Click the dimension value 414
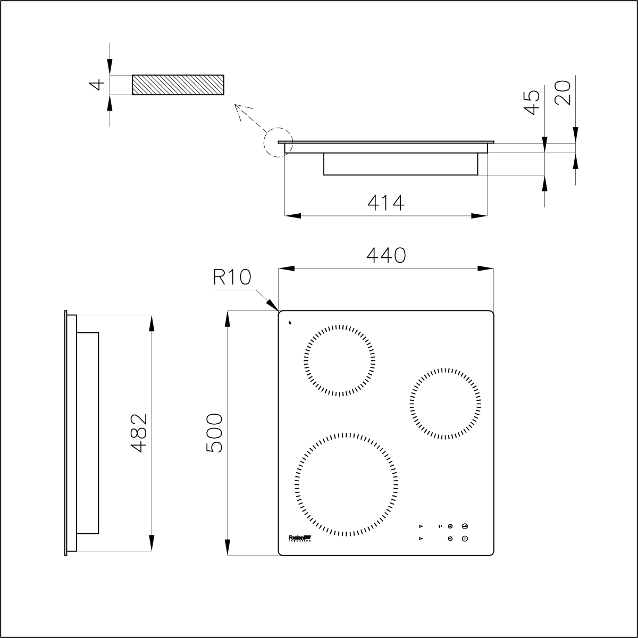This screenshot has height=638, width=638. pyautogui.click(x=386, y=203)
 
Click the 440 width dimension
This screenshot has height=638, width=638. pyautogui.click(x=386, y=255)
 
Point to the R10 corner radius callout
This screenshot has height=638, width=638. pyautogui.click(x=232, y=278)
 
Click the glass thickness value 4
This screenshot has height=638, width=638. pyautogui.click(x=96, y=85)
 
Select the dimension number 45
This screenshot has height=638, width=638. pyautogui.click(x=532, y=102)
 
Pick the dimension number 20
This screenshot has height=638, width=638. pyautogui.click(x=563, y=93)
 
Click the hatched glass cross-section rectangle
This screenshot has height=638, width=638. pyautogui.click(x=178, y=85)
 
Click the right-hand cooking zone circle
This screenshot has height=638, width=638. pyautogui.click(x=446, y=403)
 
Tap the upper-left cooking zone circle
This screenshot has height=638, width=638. pyautogui.click(x=340, y=360)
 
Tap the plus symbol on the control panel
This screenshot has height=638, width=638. pyautogui.click(x=450, y=526)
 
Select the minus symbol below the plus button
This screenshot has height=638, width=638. pyautogui.click(x=450, y=539)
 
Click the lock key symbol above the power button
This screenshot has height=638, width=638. pyautogui.click(x=465, y=526)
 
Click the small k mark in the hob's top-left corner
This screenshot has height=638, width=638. pyautogui.click(x=290, y=322)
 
